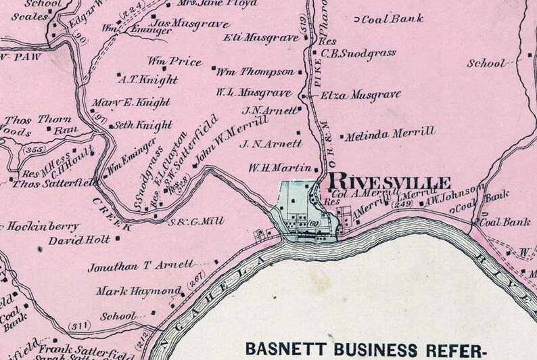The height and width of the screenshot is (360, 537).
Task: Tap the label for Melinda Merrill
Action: coord(390,135)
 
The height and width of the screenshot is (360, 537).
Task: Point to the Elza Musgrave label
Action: coord(360,95)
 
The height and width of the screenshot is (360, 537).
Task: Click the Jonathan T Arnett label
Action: coord(141,266)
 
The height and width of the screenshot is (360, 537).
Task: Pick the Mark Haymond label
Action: coord(139,291)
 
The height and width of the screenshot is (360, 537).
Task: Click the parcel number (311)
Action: coord(80,325)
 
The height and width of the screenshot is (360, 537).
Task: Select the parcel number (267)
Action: coord(196,276)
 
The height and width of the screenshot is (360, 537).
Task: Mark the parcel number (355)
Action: coord(32,148)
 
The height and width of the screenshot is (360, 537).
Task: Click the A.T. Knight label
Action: coord(147,79)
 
